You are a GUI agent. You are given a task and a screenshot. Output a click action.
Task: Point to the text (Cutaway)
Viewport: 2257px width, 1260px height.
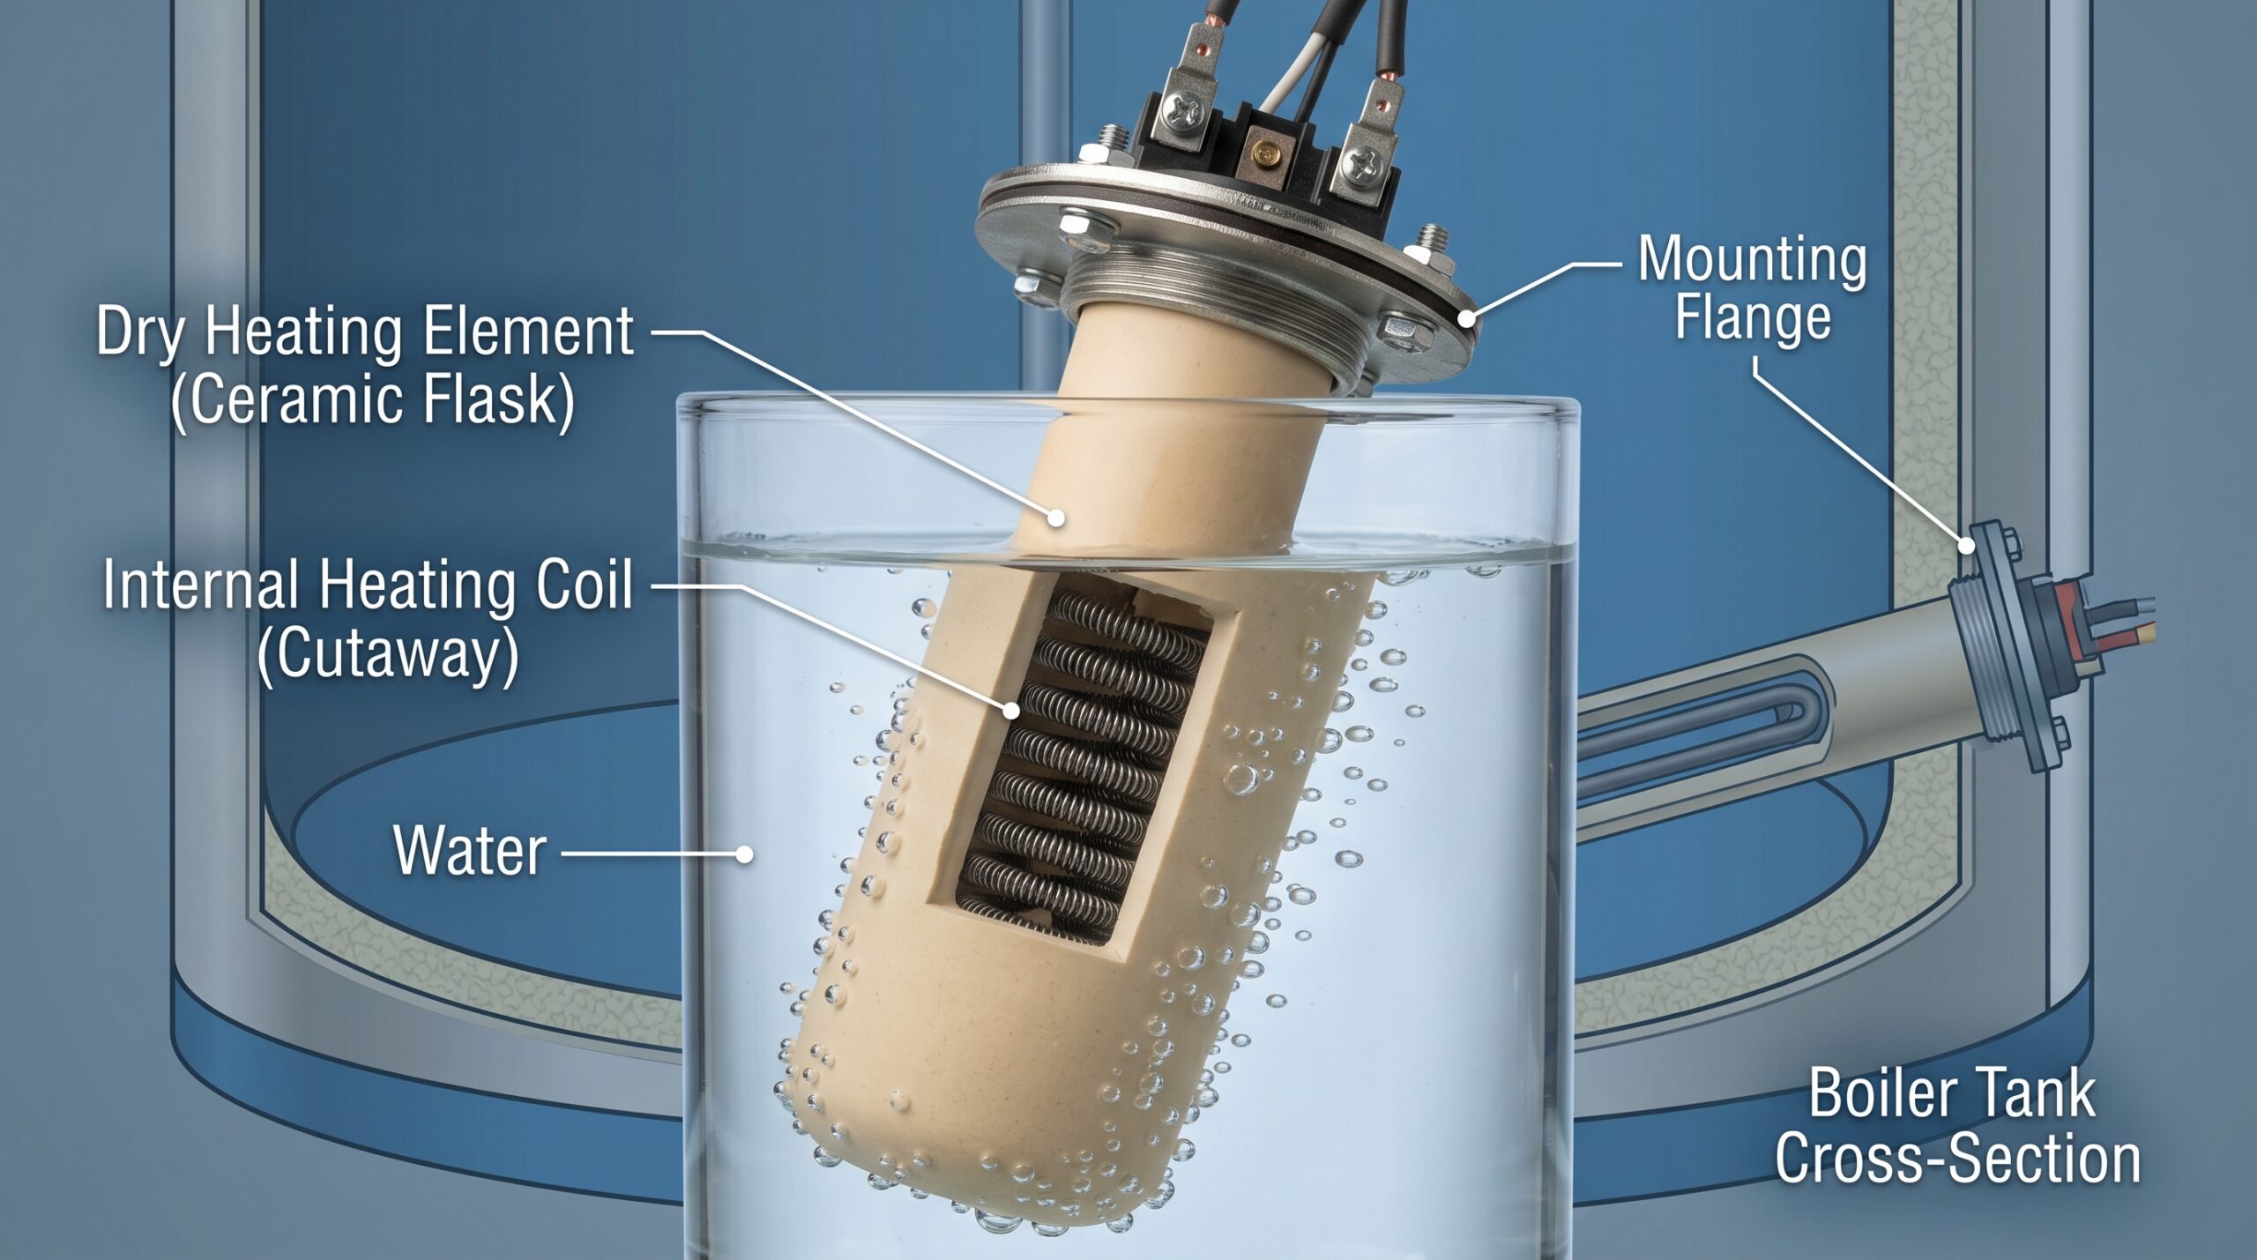(x=388, y=654)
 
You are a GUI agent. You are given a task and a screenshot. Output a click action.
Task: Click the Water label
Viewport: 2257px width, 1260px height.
(x=470, y=850)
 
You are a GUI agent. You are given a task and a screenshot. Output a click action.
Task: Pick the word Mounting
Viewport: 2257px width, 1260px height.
(x=1753, y=262)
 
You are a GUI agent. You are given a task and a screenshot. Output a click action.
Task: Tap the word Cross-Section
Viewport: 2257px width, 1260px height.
(x=1957, y=1159)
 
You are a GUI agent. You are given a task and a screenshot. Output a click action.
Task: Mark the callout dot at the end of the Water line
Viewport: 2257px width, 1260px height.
(x=745, y=854)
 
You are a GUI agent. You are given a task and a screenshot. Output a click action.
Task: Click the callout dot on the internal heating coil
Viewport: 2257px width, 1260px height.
(x=1011, y=710)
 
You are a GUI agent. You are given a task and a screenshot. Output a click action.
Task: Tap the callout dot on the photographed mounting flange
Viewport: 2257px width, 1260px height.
(x=1466, y=317)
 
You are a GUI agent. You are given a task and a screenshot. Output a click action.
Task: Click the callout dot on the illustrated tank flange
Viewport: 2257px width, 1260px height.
(x=1966, y=546)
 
